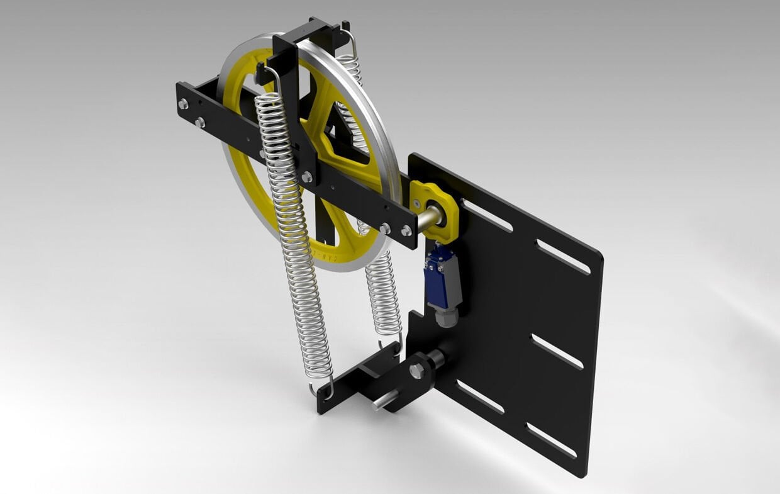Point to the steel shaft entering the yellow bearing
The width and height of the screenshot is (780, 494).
pyautogui.click(x=428, y=220)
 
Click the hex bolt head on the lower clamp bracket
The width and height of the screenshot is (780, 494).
pyautogui.click(x=416, y=371)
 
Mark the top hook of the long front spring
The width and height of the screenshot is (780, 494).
pyautogui.click(x=270, y=79)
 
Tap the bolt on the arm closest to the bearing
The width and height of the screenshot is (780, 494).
pyautogui.click(x=406, y=231)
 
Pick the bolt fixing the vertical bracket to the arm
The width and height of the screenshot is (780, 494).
pyautogui.click(x=306, y=177)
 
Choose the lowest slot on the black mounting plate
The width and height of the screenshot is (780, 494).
pyautogui.click(x=550, y=441)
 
